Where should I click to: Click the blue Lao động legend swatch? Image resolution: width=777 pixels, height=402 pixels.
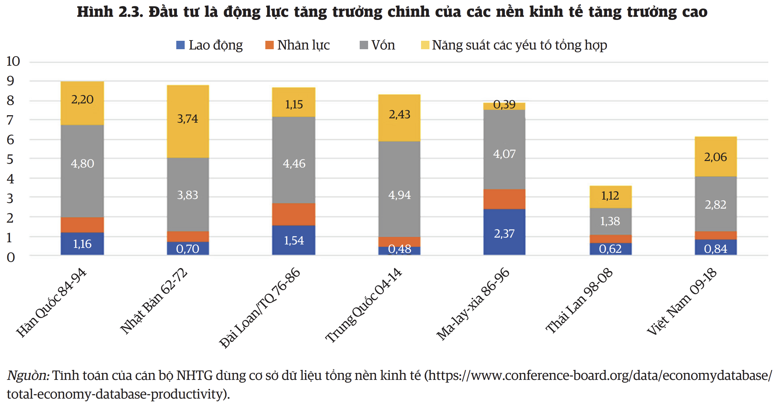(180, 45)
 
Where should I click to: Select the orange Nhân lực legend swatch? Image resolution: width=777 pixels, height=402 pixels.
(269, 45)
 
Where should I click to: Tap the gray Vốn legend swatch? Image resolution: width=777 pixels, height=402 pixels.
(364, 45)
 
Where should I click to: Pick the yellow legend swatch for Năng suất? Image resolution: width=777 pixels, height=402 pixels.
(425, 45)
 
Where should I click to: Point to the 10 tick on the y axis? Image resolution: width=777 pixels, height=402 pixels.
(13, 61)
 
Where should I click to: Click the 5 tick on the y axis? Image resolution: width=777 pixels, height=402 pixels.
(10, 159)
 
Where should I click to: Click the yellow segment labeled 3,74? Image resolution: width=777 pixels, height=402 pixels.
(188, 121)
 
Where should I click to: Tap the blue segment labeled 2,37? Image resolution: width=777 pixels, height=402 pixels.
(504, 232)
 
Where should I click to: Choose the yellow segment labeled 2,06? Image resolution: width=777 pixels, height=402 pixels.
(716, 157)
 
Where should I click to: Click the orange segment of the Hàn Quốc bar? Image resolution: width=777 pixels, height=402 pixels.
(82, 225)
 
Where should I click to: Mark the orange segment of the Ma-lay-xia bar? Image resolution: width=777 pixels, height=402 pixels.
(504, 199)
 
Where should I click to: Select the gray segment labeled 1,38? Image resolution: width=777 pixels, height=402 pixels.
(610, 221)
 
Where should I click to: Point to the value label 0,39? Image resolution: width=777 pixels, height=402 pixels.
(504, 105)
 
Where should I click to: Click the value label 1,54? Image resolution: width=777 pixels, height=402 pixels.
(294, 240)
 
